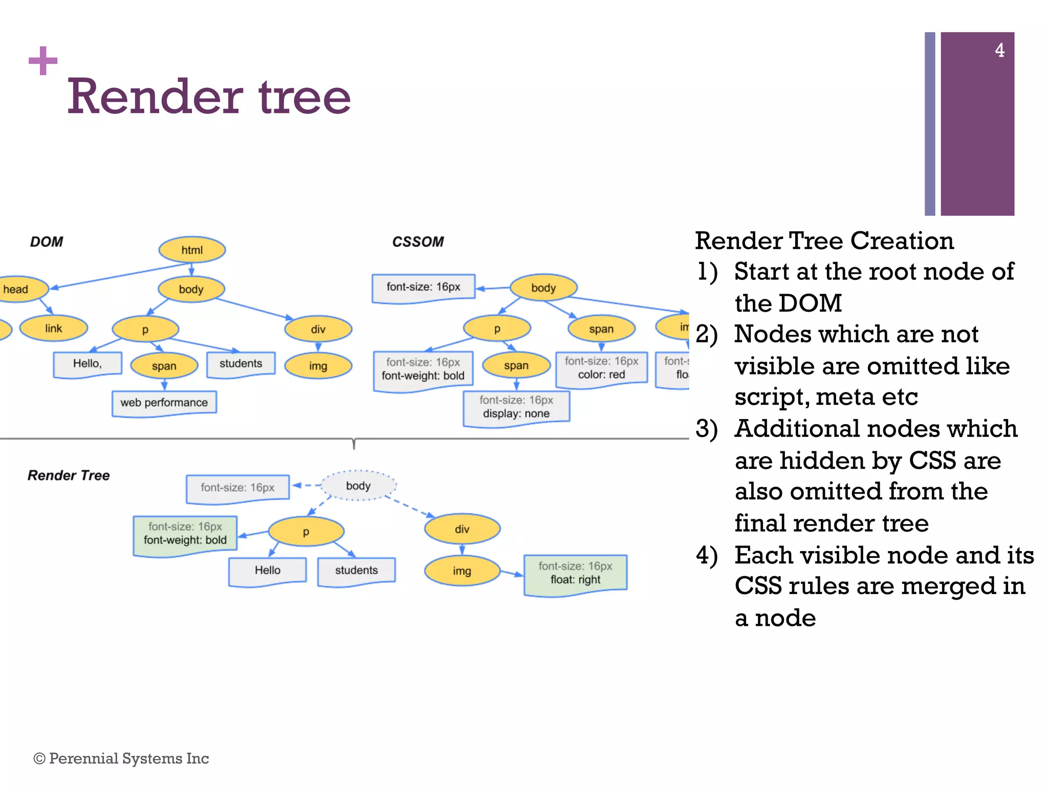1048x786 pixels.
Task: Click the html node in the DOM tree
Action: click(192, 250)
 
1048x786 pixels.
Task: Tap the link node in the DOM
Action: click(54, 329)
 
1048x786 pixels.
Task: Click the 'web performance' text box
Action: click(164, 403)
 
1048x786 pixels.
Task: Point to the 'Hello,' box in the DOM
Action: click(88, 364)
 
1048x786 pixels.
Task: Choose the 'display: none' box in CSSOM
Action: click(516, 407)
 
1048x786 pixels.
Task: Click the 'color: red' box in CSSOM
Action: click(601, 368)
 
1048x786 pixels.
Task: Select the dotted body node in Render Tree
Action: click(358, 486)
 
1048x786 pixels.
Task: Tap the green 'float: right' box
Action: click(575, 574)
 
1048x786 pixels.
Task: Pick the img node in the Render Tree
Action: click(462, 571)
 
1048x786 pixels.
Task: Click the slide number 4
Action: click(999, 50)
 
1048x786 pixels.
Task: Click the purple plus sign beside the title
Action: click(43, 61)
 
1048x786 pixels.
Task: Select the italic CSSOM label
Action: click(418, 242)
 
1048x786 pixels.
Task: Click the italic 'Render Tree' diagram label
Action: click(69, 475)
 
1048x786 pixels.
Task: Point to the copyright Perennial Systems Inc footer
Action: click(121, 758)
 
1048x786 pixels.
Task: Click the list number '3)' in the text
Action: click(707, 429)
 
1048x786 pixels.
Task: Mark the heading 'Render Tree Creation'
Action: click(824, 241)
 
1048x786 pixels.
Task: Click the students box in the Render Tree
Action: click(356, 571)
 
